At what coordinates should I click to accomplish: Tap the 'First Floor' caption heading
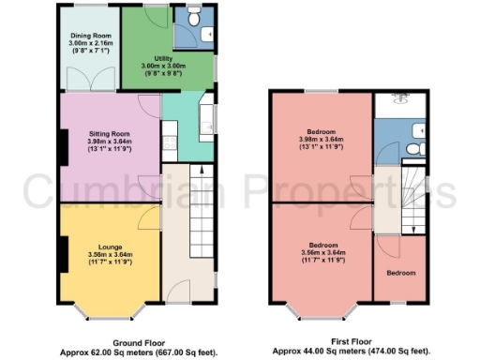click(x=352, y=342)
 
